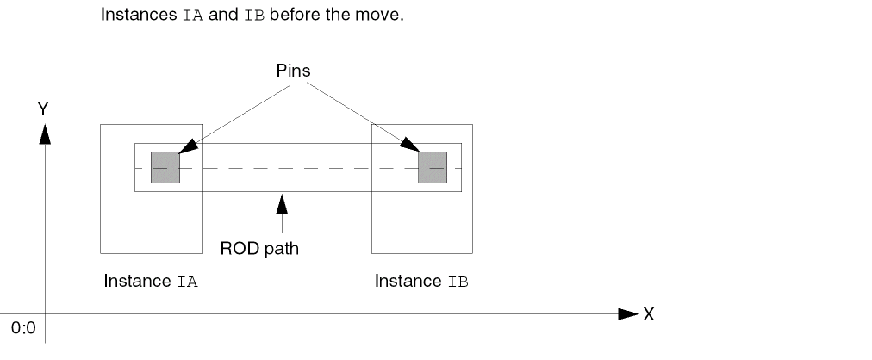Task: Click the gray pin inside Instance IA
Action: click(x=165, y=167)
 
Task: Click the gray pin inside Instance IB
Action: click(x=433, y=167)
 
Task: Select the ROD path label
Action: click(x=259, y=250)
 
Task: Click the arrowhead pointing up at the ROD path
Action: click(x=279, y=204)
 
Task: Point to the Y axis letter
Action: click(x=42, y=108)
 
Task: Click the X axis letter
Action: click(x=648, y=314)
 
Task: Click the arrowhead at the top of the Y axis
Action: click(x=45, y=133)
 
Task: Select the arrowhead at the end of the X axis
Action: click(x=628, y=314)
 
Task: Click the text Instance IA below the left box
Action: click(x=151, y=282)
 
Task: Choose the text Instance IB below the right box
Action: click(x=421, y=282)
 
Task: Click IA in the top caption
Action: click(x=194, y=16)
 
